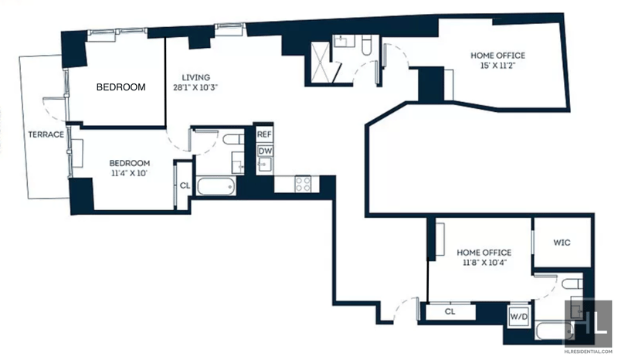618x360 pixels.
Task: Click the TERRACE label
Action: tap(46, 134)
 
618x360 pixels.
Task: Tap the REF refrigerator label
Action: tap(264, 134)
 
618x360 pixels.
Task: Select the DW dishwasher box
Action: tap(265, 151)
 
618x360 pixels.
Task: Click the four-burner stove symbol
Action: tap(303, 184)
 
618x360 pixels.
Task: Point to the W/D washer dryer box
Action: tap(518, 316)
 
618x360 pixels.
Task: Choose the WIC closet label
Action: tap(562, 243)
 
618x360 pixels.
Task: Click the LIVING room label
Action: tap(196, 77)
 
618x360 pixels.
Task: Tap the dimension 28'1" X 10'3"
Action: tap(195, 87)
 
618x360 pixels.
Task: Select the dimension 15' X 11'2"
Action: tap(497, 66)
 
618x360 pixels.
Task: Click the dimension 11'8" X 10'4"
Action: tap(484, 262)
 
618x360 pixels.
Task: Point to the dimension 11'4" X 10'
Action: tap(129, 173)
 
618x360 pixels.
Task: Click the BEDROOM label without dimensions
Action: tap(121, 87)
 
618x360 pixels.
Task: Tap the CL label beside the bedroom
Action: tap(185, 185)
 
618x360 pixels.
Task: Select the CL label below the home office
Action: tap(450, 311)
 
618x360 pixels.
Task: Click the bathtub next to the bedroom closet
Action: tap(216, 185)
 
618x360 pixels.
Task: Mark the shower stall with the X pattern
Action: tap(321, 63)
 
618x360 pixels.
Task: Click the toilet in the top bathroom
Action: tap(366, 46)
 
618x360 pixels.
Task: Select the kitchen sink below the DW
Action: tap(264, 165)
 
